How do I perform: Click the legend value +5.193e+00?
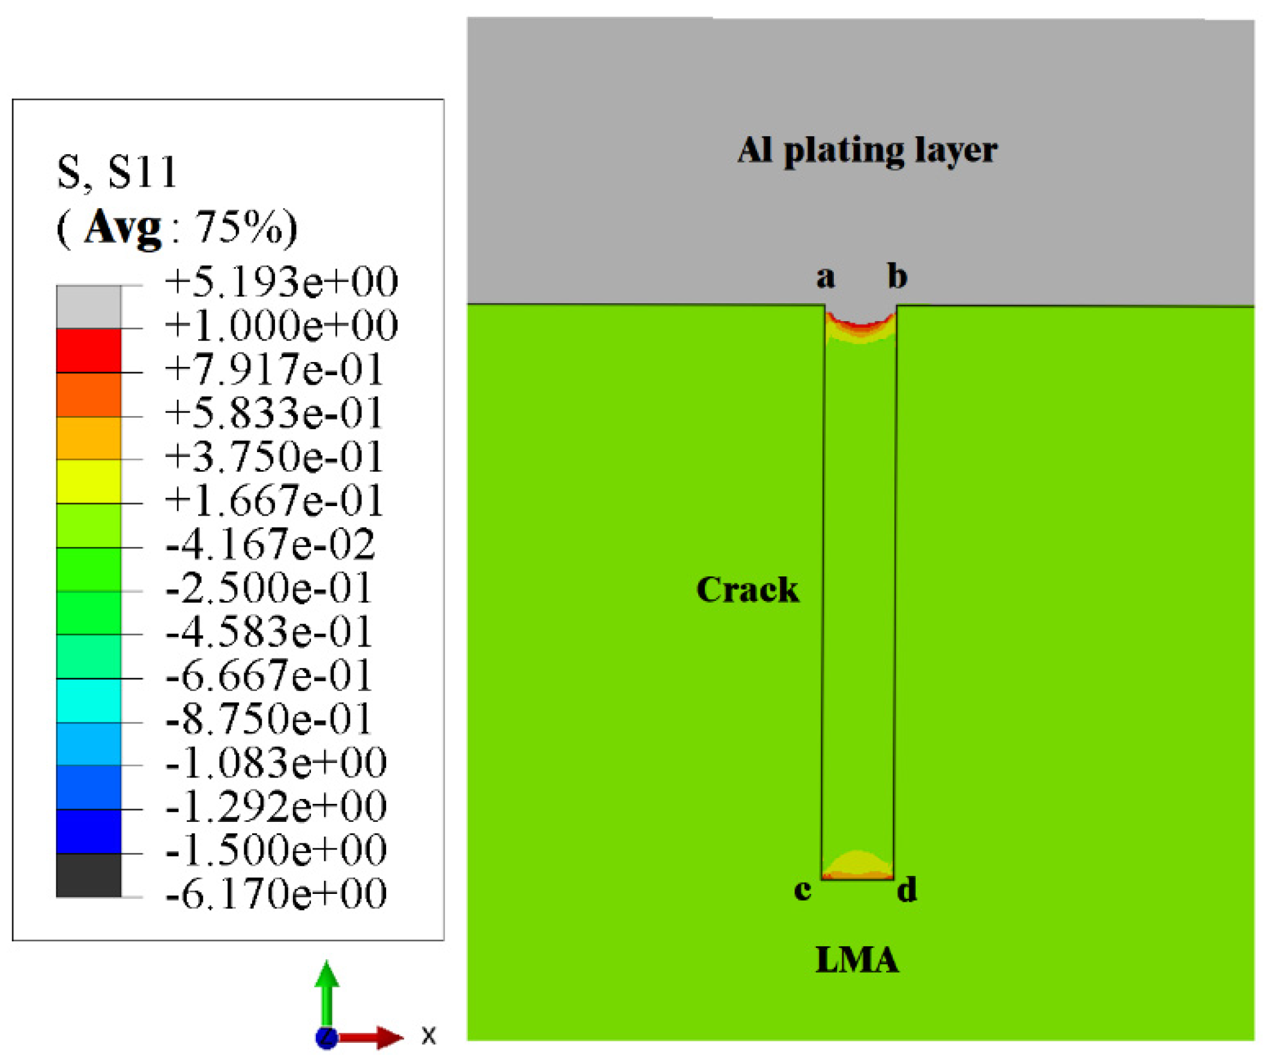[281, 282]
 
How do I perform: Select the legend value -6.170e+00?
[276, 893]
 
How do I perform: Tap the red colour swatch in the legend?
[88, 351]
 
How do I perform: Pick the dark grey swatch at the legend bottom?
[88, 875]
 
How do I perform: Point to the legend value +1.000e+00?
[281, 326]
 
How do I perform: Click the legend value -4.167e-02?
[270, 545]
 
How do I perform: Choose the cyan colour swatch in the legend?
[88, 701]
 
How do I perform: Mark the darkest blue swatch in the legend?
[88, 831]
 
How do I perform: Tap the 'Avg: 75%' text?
[177, 228]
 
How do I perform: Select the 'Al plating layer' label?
[868, 151]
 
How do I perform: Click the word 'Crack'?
[747, 590]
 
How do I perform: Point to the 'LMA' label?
[857, 960]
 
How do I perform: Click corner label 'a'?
[826, 278]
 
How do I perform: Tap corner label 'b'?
[897, 277]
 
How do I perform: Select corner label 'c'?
[802, 890]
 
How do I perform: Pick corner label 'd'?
[907, 890]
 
